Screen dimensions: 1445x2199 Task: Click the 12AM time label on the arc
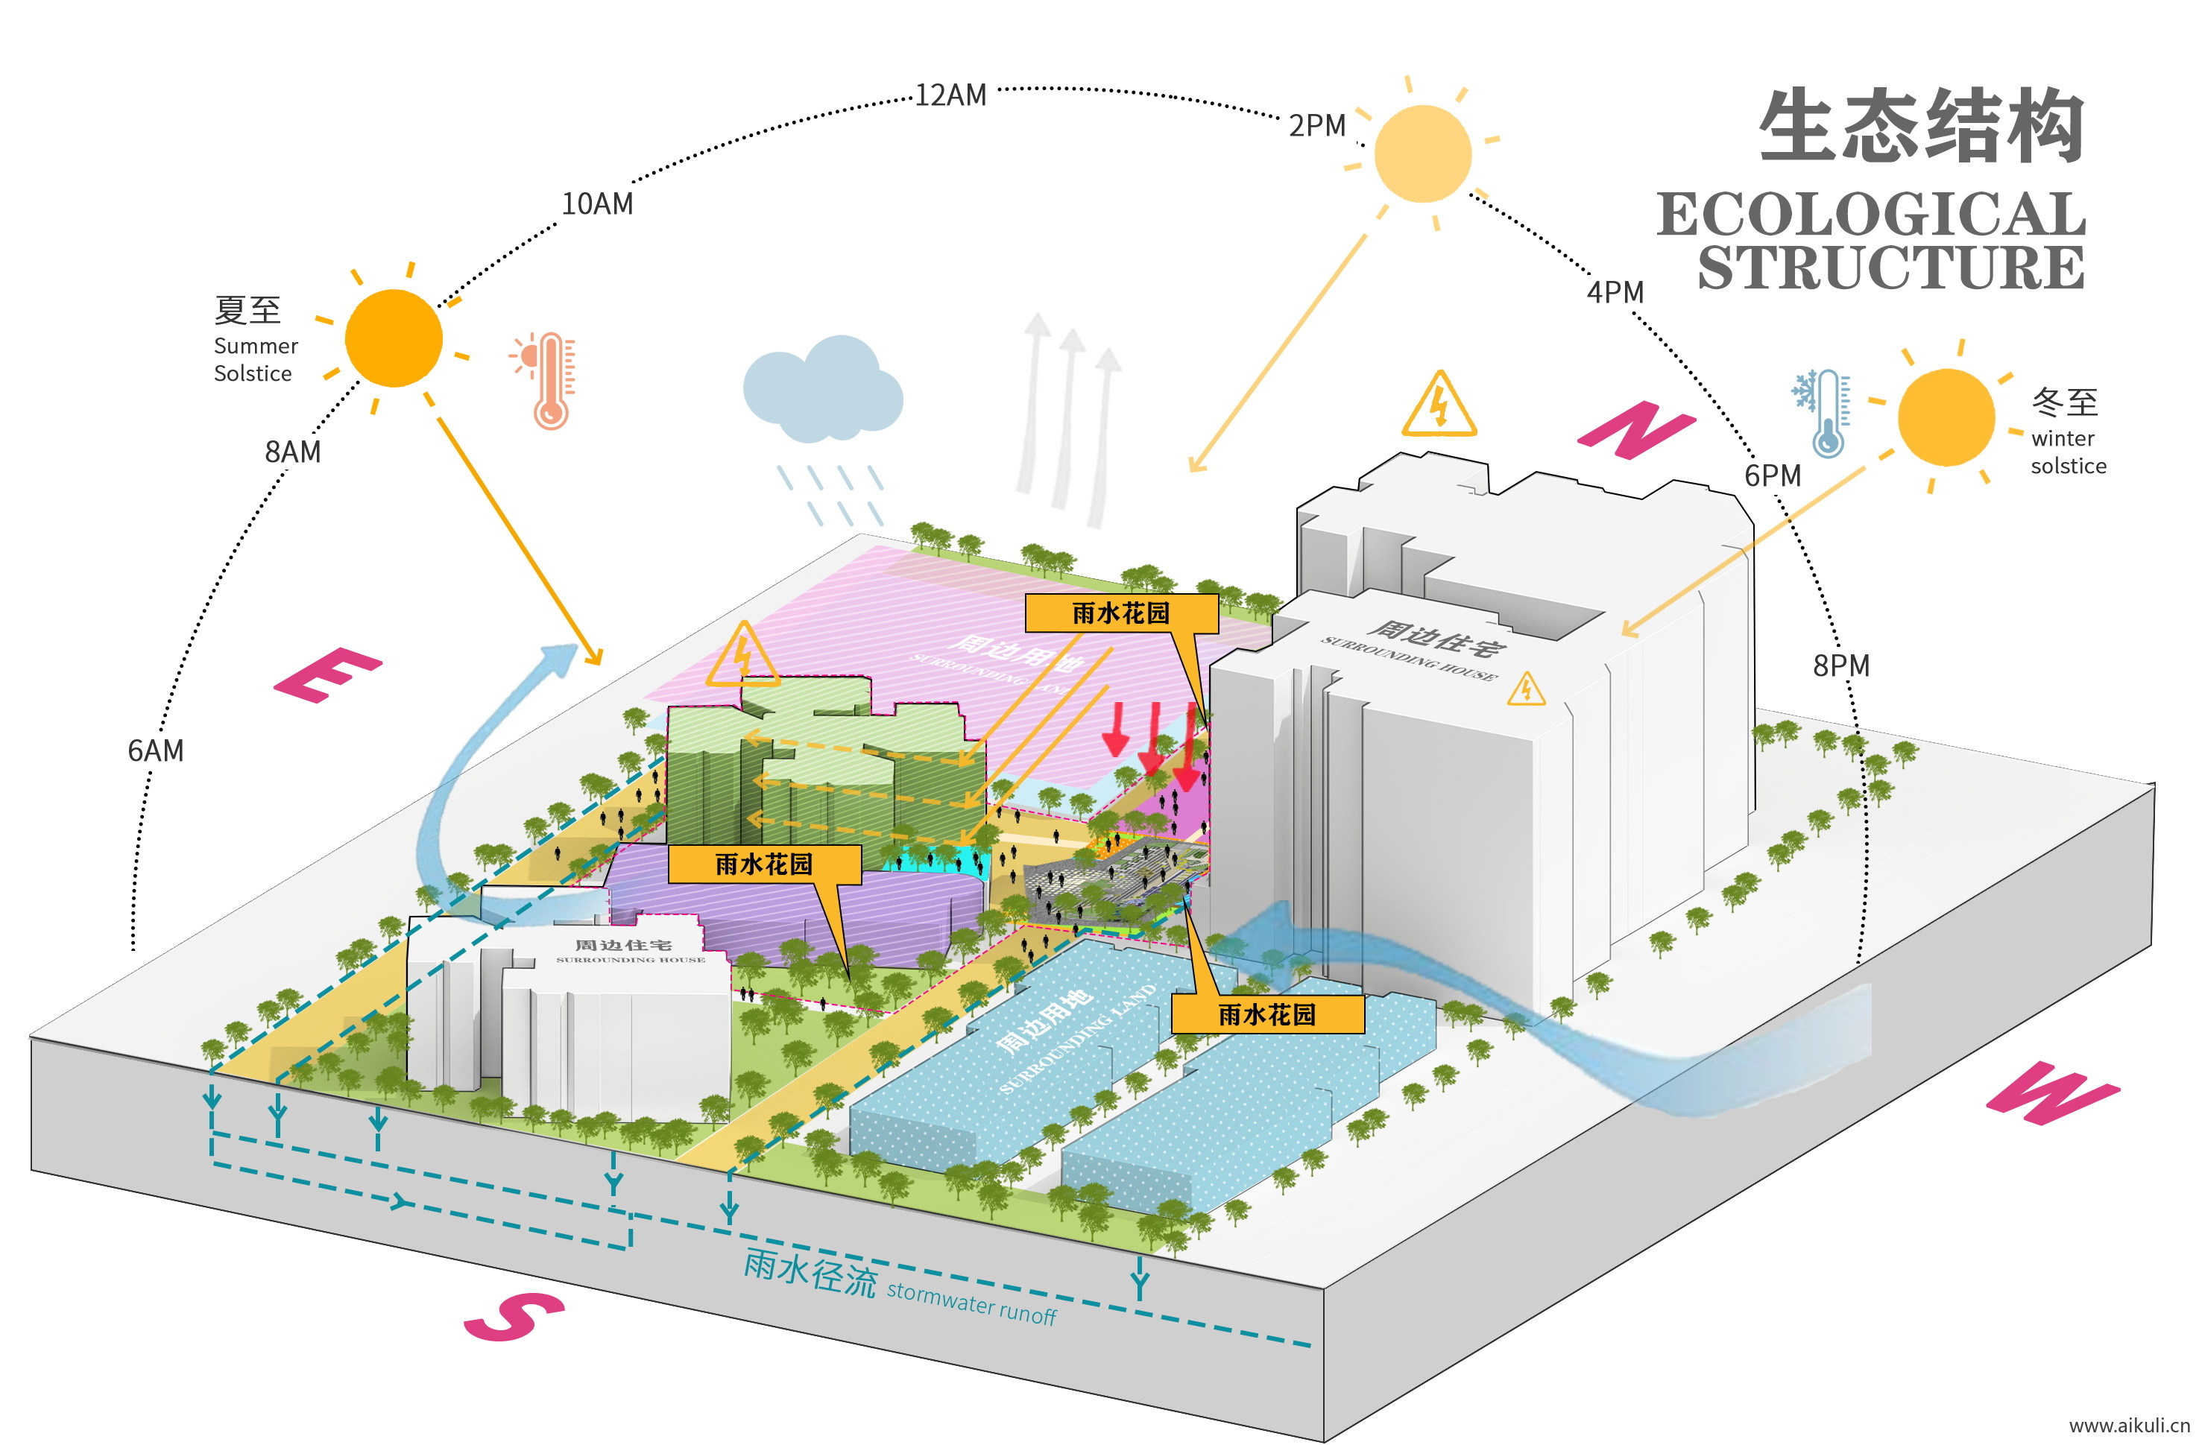950,95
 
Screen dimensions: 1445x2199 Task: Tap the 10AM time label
597,204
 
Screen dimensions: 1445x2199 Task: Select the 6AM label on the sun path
155,750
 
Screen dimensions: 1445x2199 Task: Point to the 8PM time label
1840,665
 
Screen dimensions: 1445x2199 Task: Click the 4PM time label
1615,292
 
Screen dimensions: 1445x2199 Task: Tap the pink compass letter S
514,1315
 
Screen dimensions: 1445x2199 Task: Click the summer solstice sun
394,338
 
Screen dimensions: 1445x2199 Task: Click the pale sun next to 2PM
1422,154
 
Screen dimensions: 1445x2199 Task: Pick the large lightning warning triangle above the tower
1439,406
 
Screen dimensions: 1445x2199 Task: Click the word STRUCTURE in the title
1890,268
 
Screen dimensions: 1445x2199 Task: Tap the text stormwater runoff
971,1303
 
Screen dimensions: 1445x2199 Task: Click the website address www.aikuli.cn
2128,1426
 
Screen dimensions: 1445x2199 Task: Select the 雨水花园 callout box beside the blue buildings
1266,1014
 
